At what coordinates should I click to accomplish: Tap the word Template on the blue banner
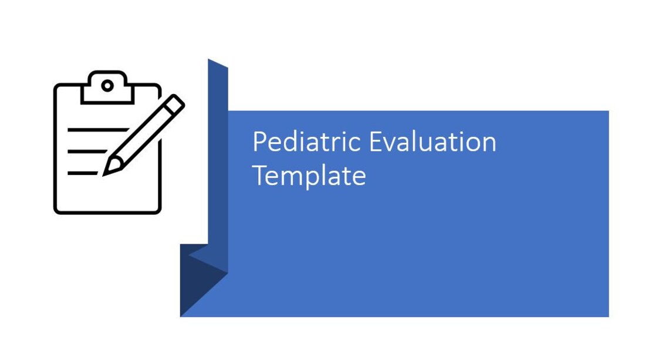pos(309,176)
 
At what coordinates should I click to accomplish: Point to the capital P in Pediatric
pos(259,142)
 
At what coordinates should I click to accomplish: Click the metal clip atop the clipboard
pos(107,88)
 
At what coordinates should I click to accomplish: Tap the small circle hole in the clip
pos(107,86)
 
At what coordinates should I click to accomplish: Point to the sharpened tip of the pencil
pos(107,171)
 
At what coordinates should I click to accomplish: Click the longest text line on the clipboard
pos(97,129)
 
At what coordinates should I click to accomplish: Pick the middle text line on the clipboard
pos(87,152)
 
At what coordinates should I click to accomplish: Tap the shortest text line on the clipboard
pos(82,173)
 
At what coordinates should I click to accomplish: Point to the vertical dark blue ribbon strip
pos(218,164)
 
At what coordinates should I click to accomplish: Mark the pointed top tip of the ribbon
pos(210,60)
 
